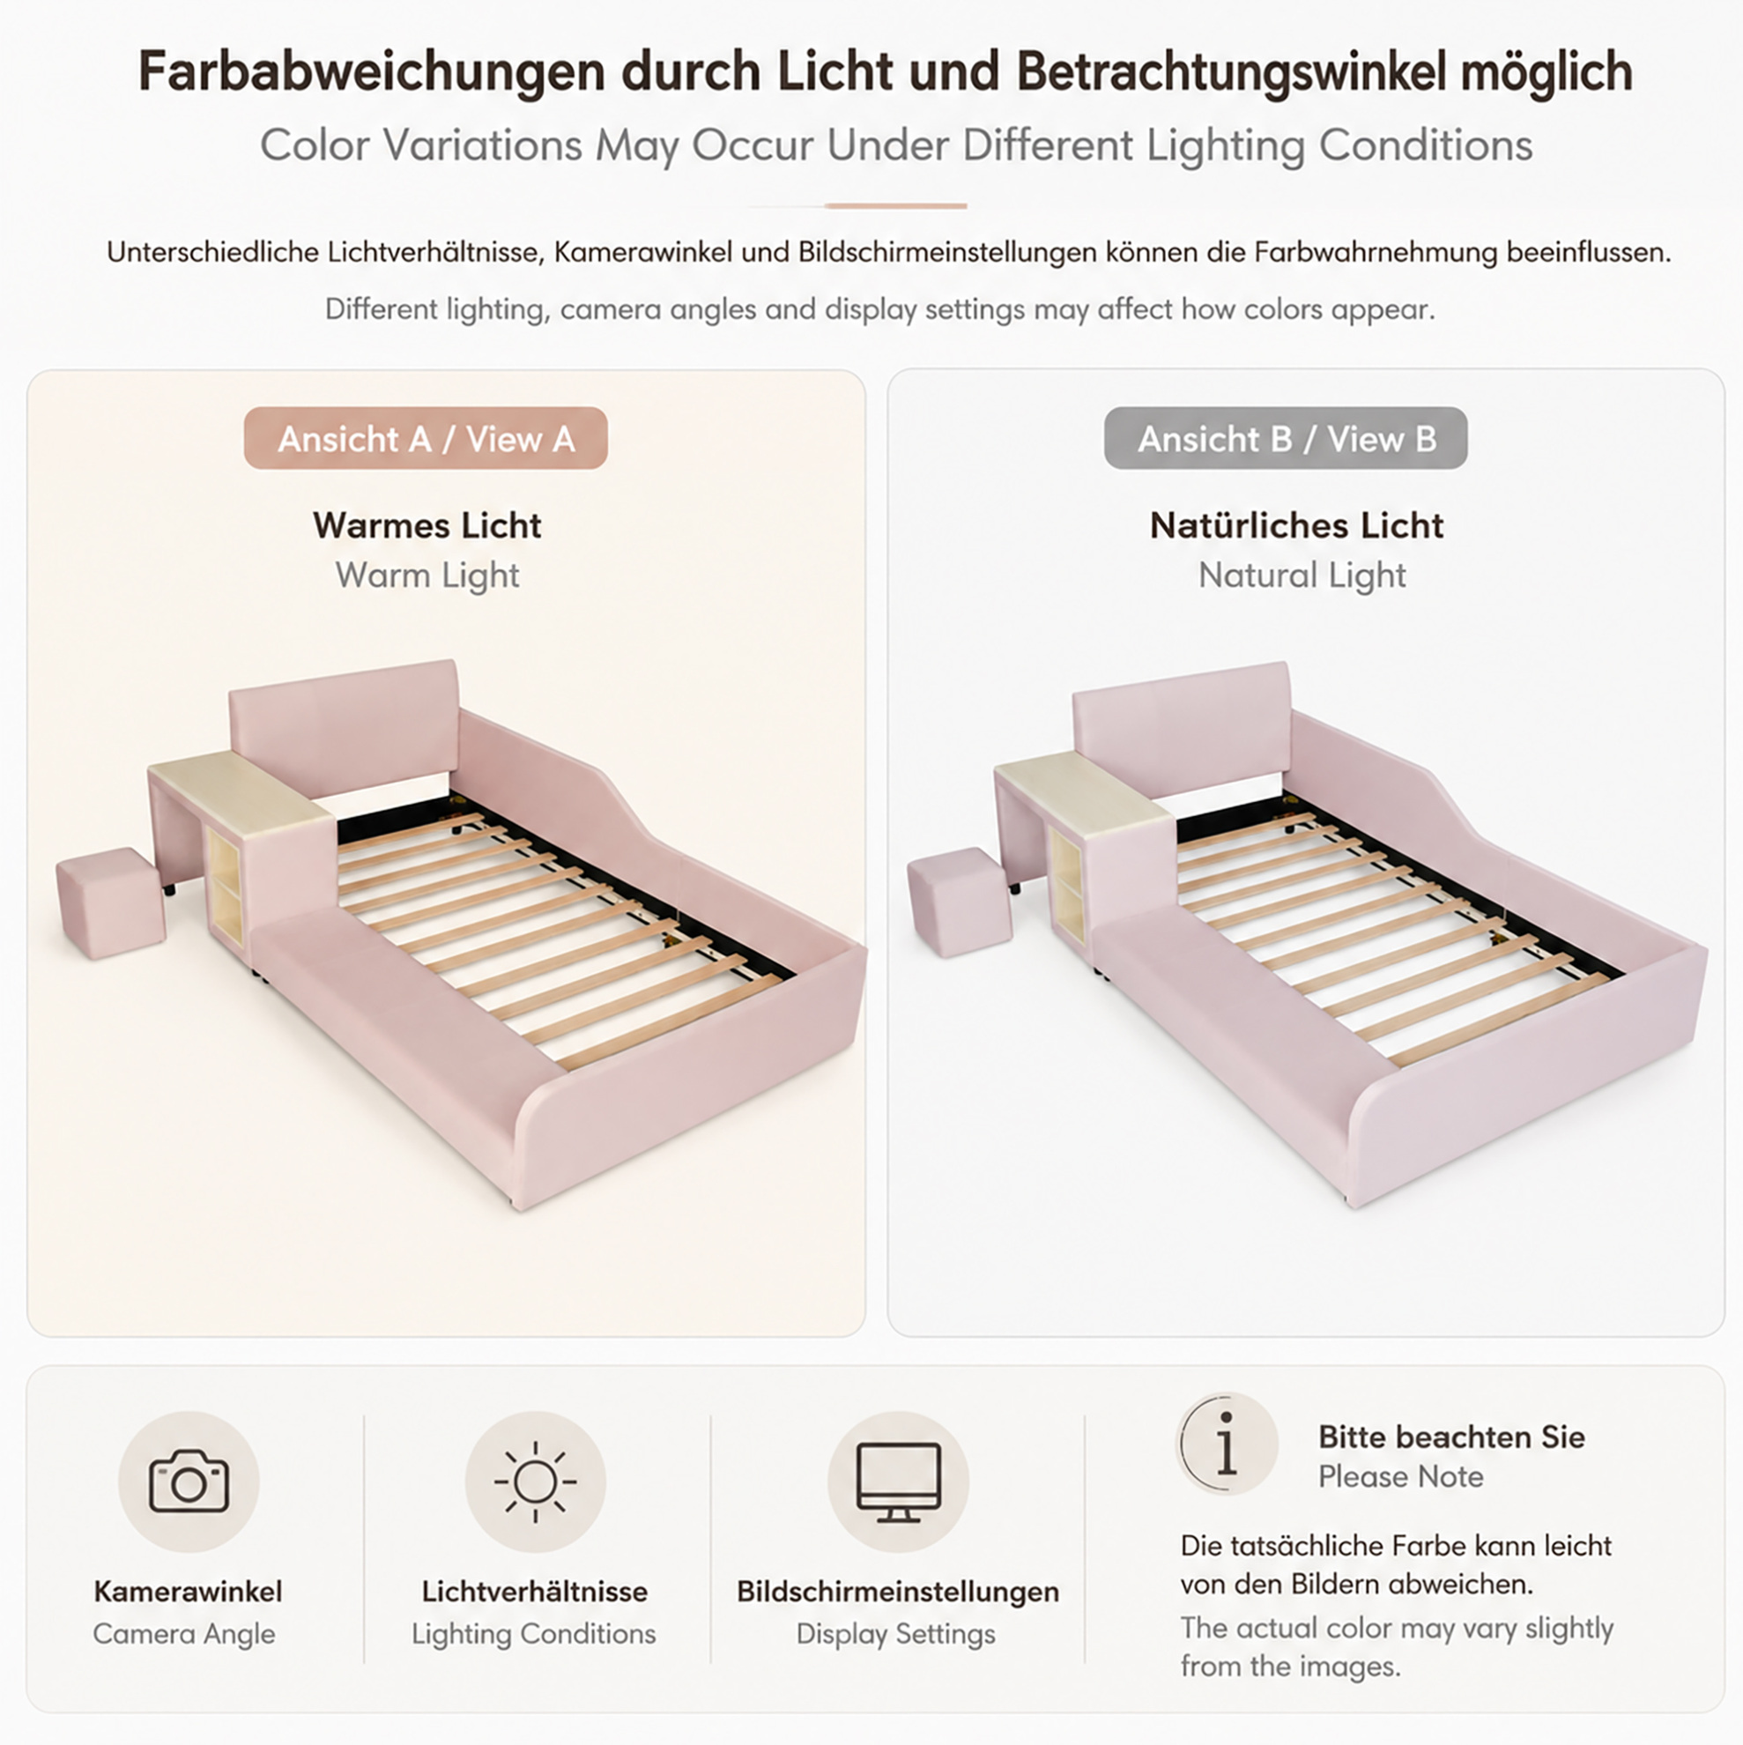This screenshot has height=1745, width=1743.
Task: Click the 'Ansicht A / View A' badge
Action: [x=426, y=438]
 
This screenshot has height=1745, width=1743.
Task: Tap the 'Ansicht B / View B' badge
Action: [x=1285, y=438]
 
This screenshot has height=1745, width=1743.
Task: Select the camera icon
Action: [x=189, y=1481]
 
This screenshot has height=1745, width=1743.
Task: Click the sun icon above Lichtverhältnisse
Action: [x=536, y=1481]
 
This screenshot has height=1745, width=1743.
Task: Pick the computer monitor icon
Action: [x=899, y=1482]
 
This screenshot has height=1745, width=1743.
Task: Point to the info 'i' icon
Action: [x=1227, y=1444]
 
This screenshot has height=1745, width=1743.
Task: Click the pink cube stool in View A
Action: [x=111, y=902]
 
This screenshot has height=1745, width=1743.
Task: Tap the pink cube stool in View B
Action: [x=960, y=902]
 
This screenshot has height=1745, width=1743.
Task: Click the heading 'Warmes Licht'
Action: [x=427, y=524]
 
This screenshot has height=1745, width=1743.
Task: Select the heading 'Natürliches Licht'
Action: [x=1297, y=524]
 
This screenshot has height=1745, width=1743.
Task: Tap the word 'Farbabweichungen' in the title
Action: [x=371, y=71]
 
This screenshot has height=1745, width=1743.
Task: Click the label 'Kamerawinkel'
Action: [x=188, y=1591]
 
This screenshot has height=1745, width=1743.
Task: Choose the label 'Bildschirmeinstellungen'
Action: [x=898, y=1591]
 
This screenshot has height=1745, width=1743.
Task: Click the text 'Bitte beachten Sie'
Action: [x=1451, y=1437]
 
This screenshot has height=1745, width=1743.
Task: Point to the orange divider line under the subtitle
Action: [x=895, y=206]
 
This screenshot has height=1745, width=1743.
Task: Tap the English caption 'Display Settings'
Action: [x=896, y=1633]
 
